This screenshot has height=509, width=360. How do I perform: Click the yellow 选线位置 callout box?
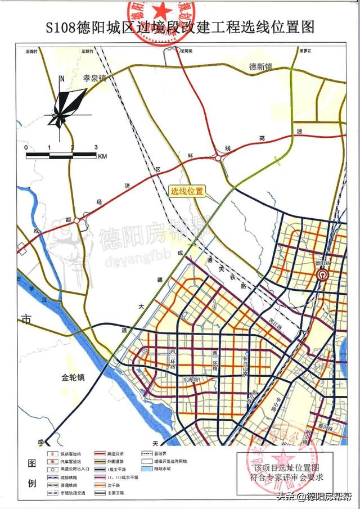(x=187, y=191)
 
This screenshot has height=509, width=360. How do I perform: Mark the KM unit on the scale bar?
(x=102, y=156)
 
